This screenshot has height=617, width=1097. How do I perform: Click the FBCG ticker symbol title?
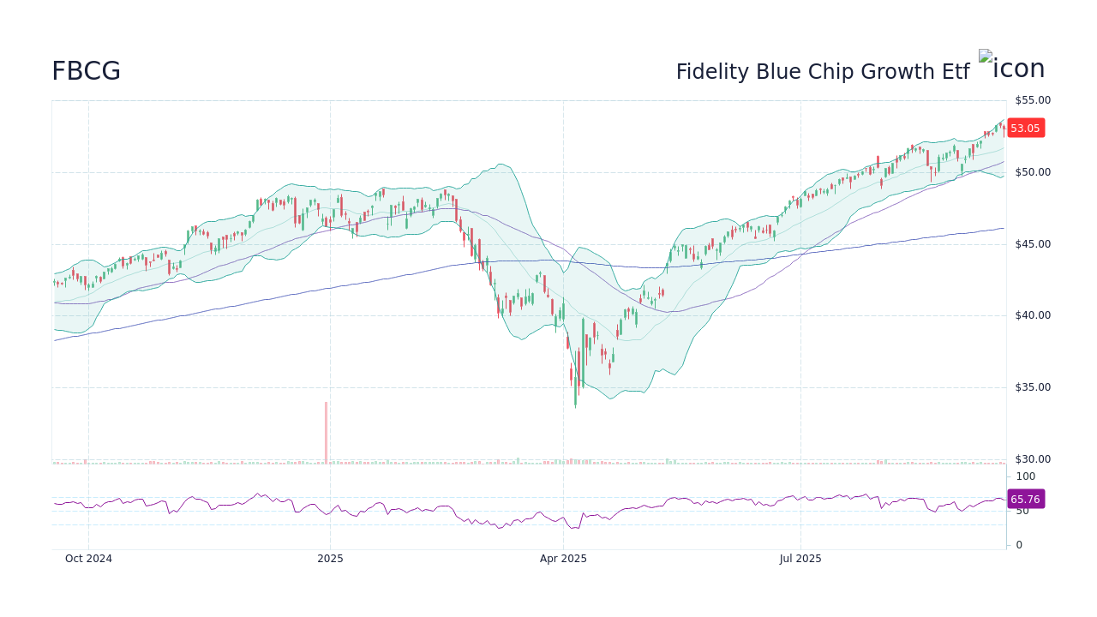tap(86, 72)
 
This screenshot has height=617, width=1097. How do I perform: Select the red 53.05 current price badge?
tap(1025, 129)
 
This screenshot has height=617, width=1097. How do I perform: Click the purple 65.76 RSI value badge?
tap(1025, 500)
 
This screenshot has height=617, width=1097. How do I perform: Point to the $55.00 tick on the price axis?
tap(1033, 100)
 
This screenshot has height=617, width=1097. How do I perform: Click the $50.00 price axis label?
tap(1033, 172)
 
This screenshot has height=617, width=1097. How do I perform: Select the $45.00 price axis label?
tap(1033, 244)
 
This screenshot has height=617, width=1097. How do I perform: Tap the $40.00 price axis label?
tap(1033, 315)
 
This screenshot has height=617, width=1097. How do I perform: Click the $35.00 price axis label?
tap(1033, 387)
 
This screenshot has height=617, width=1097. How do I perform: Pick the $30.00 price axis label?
tap(1033, 459)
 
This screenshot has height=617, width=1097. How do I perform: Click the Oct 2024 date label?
tap(88, 559)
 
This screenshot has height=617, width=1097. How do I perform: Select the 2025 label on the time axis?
tap(330, 559)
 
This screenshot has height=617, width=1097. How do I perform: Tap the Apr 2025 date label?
tap(563, 559)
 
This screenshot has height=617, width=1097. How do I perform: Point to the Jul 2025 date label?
tap(800, 559)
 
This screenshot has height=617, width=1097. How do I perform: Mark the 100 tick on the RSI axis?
tap(1026, 476)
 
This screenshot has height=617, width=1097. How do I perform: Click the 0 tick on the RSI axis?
tap(1019, 545)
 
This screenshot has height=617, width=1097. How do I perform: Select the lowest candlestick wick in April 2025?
tap(575, 403)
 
